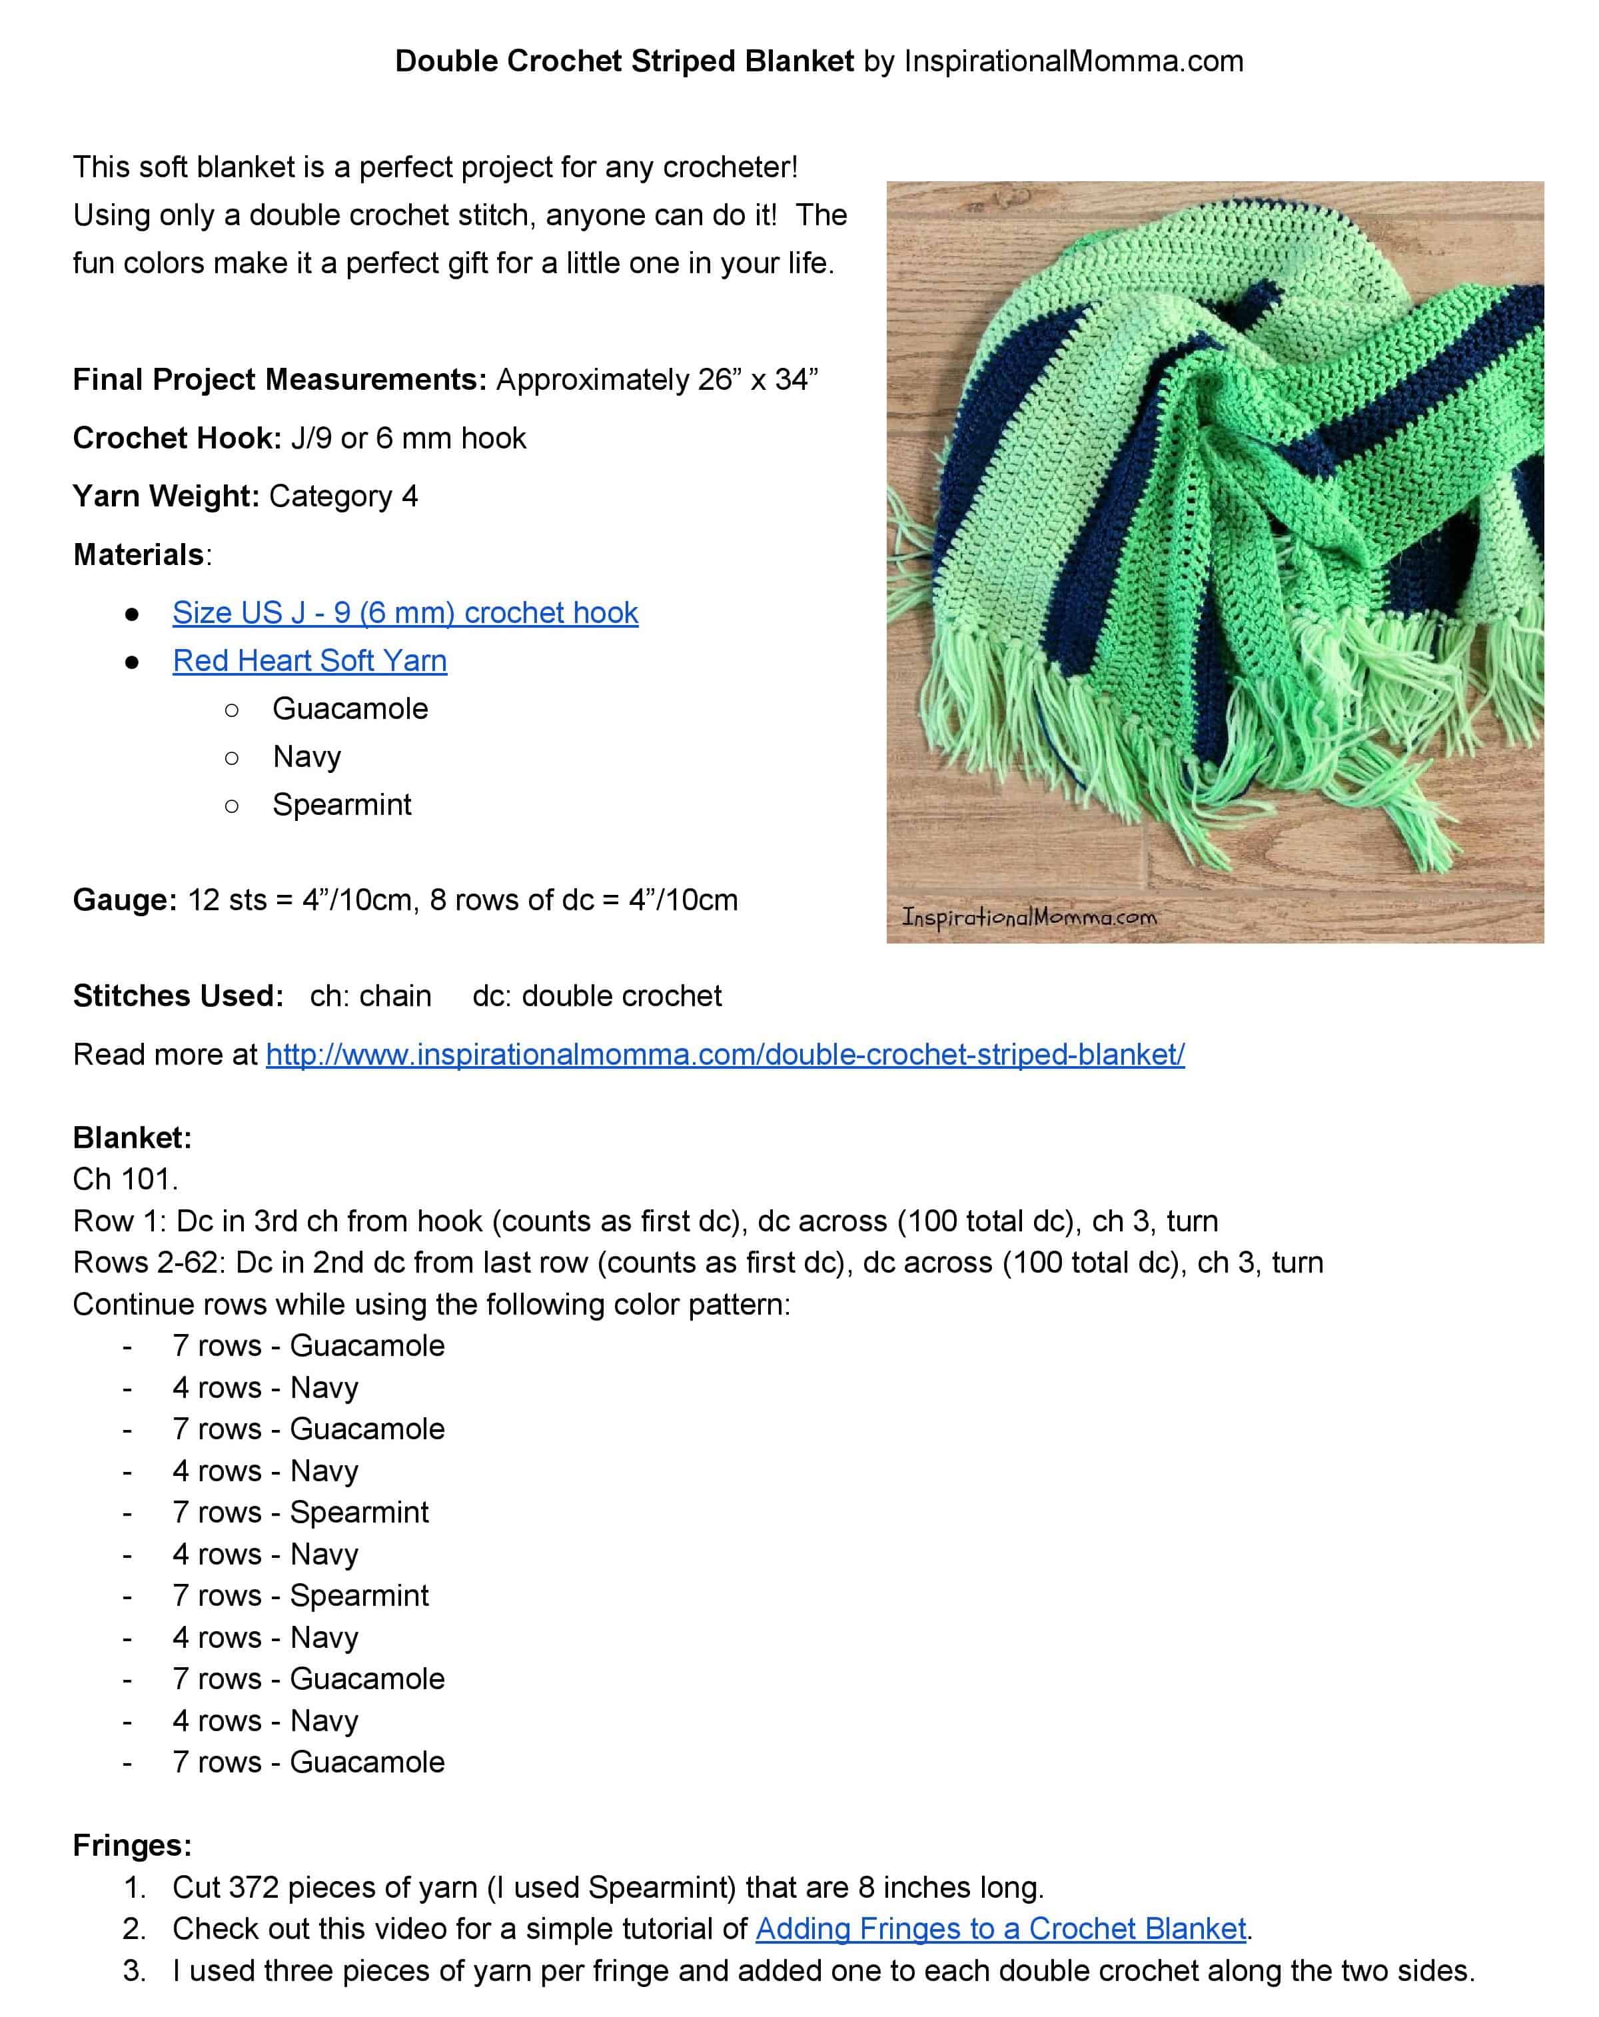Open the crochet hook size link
click(404, 613)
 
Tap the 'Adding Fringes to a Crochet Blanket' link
click(1000, 1929)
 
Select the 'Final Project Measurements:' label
click(278, 380)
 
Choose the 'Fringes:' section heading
click(132, 1845)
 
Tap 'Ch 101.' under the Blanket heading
click(125, 1179)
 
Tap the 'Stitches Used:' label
click(178, 996)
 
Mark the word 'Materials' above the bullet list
click(139, 555)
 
